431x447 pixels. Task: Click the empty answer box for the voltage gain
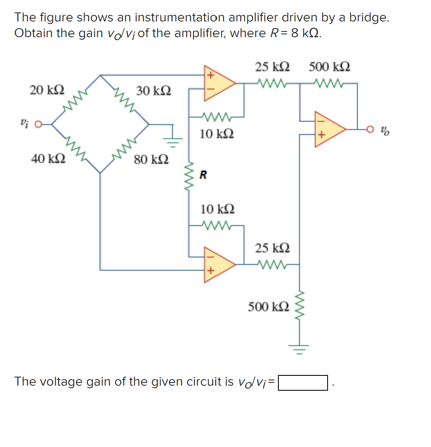[303, 382]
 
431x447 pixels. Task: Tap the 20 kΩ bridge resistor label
[46, 90]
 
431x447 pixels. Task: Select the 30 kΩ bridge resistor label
[153, 91]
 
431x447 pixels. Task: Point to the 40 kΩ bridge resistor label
[48, 159]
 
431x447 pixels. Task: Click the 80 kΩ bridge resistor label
[151, 159]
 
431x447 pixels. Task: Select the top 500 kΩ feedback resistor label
[330, 67]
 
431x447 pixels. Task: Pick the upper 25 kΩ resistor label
[272, 67]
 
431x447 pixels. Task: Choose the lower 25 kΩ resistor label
[272, 248]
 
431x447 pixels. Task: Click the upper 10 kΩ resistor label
[217, 134]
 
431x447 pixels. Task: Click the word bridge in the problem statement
[369, 17]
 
